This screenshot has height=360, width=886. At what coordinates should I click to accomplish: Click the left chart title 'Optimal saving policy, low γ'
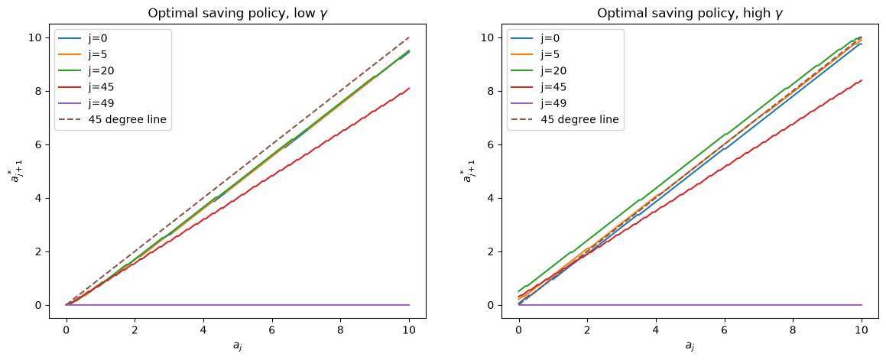tap(237, 14)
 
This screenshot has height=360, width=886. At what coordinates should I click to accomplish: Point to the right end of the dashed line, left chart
tap(409, 37)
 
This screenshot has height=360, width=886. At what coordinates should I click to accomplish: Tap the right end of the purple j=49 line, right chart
tap(862, 305)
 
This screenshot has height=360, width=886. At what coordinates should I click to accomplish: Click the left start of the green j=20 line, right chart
tap(519, 292)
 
